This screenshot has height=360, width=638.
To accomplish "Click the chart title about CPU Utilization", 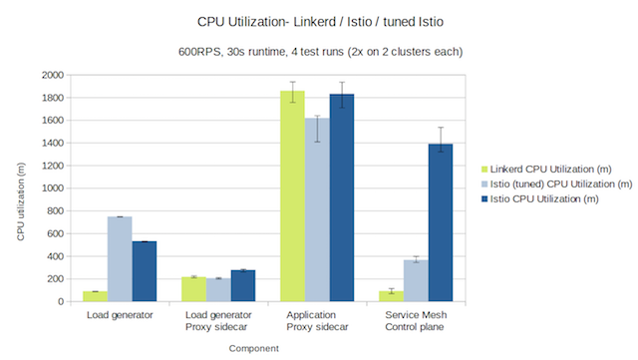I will pyautogui.click(x=318, y=20).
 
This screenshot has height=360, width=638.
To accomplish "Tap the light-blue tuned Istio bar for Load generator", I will pyautogui.click(x=120, y=259).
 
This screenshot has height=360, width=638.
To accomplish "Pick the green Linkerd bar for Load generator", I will pyautogui.click(x=96, y=296).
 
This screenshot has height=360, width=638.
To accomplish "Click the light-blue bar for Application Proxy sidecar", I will pyautogui.click(x=317, y=209).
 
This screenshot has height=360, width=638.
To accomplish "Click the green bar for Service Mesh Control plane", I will pyautogui.click(x=391, y=296).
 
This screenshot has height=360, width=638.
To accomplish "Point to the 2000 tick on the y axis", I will pyautogui.click(x=52, y=75).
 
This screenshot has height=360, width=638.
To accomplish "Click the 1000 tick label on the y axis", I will pyautogui.click(x=52, y=188).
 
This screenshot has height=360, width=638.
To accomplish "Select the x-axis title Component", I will pyautogui.click(x=253, y=348).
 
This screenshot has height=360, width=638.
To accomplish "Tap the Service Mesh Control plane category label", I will pyautogui.click(x=416, y=322).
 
